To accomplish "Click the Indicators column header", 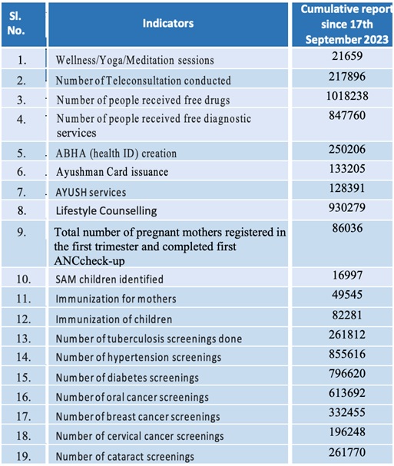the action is pos(168,23).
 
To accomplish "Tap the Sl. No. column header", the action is pos(15,23).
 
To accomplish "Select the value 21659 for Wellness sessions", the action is pos(347,56).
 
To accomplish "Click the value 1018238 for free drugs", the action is pos(347,96).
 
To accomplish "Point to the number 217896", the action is pos(347,76).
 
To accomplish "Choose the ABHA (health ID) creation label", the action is pos(116,154).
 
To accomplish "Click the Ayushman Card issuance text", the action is pos(112,172).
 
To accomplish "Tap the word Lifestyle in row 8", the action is pos(76,210).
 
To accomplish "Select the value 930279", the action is pos(347,207).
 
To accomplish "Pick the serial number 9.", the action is pos(21,232).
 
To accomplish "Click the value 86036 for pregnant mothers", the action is pos(347,228).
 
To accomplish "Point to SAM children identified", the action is pos(109,279).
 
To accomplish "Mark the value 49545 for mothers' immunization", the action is pos(347,295).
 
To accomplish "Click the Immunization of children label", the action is pos(114,319).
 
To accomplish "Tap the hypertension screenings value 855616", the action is pos(347,354).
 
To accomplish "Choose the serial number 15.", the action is pos(24,378).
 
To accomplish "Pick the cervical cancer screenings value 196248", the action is pos(347,431).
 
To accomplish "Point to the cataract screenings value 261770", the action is pos(347,452).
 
